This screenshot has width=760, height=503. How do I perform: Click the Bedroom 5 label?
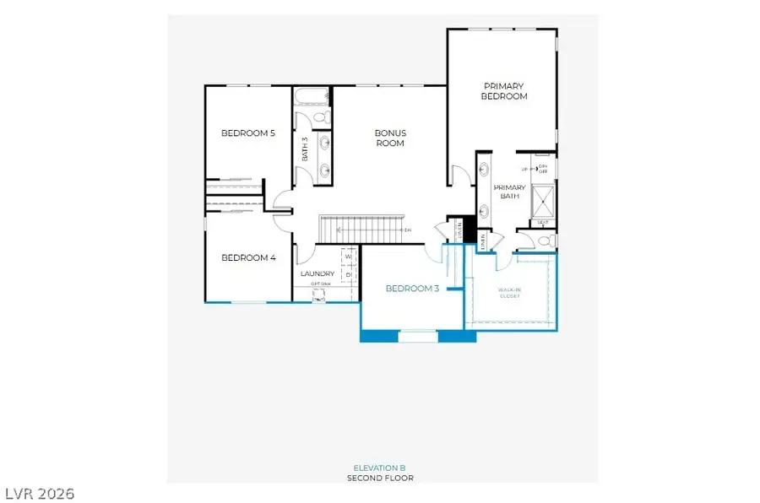pyautogui.click(x=248, y=133)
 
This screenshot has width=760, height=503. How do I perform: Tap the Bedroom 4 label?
pyautogui.click(x=248, y=257)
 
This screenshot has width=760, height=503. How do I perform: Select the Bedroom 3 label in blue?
pyautogui.click(x=412, y=289)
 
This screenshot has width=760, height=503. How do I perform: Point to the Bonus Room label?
pyautogui.click(x=391, y=138)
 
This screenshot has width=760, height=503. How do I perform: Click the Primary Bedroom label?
pyautogui.click(x=504, y=91)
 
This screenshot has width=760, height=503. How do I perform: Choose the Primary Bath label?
pyautogui.click(x=509, y=192)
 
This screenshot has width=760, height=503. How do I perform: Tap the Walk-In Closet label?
pyautogui.click(x=509, y=293)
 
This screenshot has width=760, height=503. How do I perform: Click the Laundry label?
pyautogui.click(x=318, y=273)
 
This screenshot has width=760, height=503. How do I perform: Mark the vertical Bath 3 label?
pyautogui.click(x=305, y=149)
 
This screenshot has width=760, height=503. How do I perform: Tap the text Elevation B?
pyautogui.click(x=379, y=468)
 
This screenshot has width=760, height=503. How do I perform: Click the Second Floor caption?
pyautogui.click(x=380, y=478)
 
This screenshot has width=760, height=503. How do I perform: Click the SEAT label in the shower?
pyautogui.click(x=543, y=223)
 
